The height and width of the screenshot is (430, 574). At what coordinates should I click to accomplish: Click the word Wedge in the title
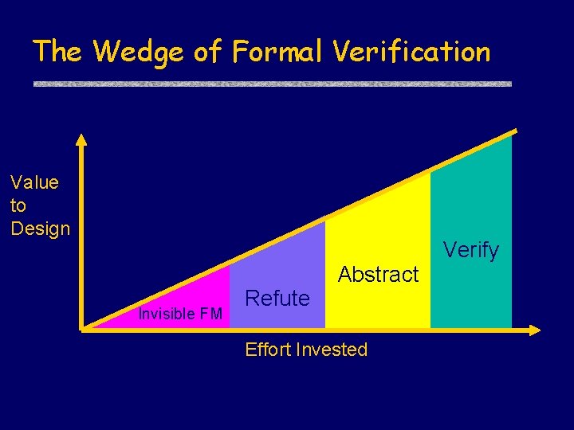click(x=140, y=53)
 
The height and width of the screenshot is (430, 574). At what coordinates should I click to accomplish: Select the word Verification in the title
click(x=411, y=53)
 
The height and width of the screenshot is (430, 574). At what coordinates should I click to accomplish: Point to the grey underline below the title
click(x=272, y=84)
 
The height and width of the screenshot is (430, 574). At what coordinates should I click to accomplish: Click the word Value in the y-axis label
click(x=35, y=182)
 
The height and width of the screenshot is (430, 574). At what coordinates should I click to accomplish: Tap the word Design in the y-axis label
click(x=41, y=229)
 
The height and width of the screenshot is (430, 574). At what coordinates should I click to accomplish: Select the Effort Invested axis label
click(x=306, y=350)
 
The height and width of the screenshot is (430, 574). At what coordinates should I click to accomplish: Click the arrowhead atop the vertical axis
click(x=81, y=139)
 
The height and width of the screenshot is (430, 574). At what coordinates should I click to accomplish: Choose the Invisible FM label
click(x=180, y=314)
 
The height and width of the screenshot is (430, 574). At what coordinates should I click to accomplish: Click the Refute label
click(x=277, y=299)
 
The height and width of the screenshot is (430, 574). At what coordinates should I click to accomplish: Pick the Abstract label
click(x=379, y=275)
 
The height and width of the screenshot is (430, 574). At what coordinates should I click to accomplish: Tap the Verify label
click(x=471, y=250)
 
